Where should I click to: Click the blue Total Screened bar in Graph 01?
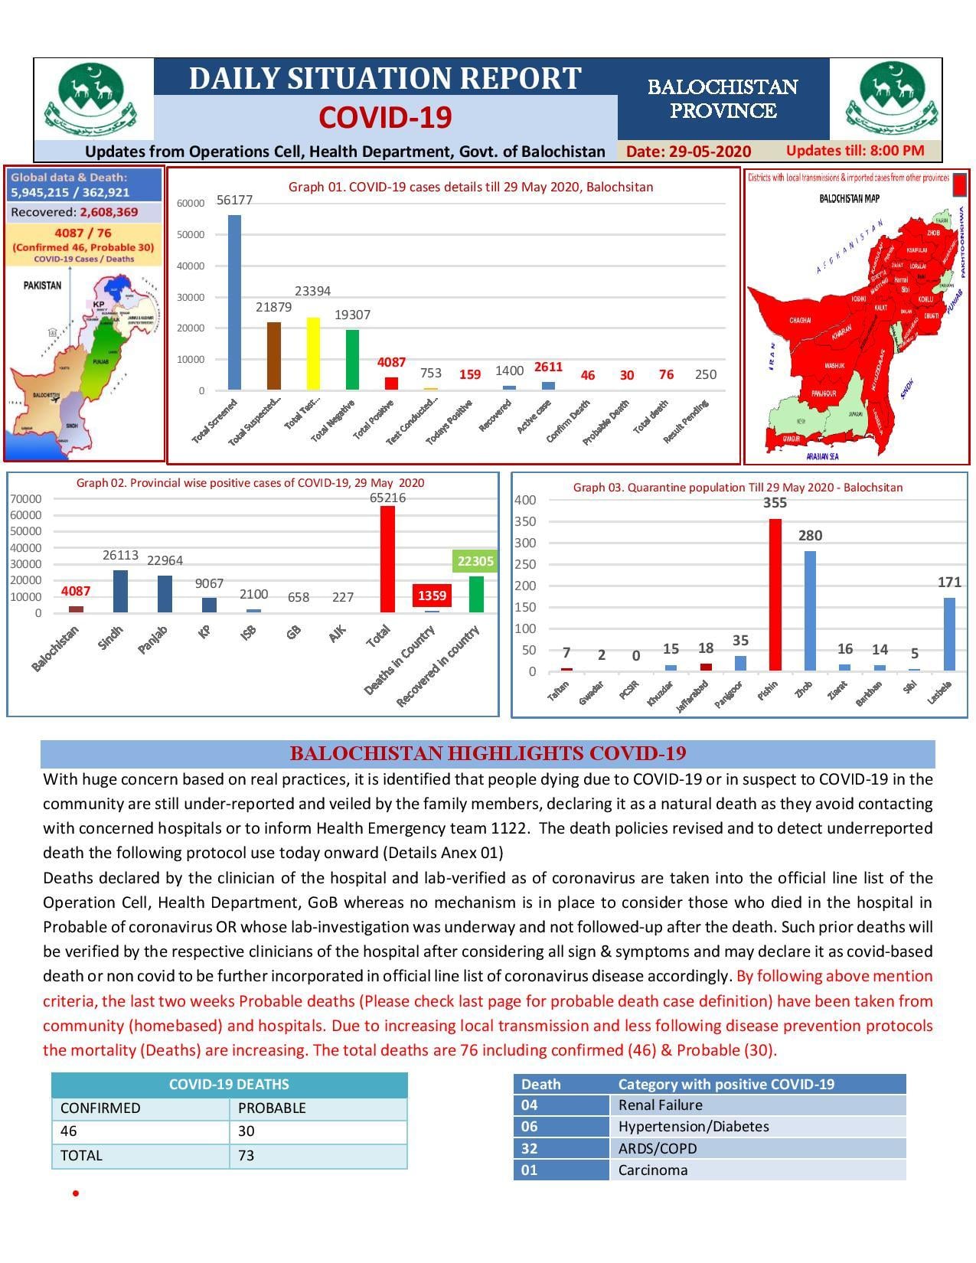click(x=234, y=302)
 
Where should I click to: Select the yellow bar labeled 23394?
click(x=313, y=354)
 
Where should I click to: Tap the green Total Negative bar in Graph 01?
click(x=352, y=360)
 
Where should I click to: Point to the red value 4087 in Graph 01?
click(x=391, y=362)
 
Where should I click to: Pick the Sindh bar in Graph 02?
click(x=120, y=591)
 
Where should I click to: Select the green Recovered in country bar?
click(x=476, y=594)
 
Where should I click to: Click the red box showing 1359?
click(x=432, y=595)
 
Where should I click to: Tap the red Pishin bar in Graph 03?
click(x=775, y=595)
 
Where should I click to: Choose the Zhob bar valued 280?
click(x=810, y=611)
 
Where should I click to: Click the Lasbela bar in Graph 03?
click(x=949, y=634)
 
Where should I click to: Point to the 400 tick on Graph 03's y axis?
click(x=526, y=500)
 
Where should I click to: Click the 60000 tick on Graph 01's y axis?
click(x=191, y=204)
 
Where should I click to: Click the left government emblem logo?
click(x=92, y=100)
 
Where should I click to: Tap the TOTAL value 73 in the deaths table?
click(x=246, y=1155)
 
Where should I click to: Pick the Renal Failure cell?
click(x=660, y=1105)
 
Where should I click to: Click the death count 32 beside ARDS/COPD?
click(x=530, y=1148)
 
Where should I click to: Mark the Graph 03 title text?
click(x=738, y=488)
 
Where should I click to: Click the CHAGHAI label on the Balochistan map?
click(x=800, y=320)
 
